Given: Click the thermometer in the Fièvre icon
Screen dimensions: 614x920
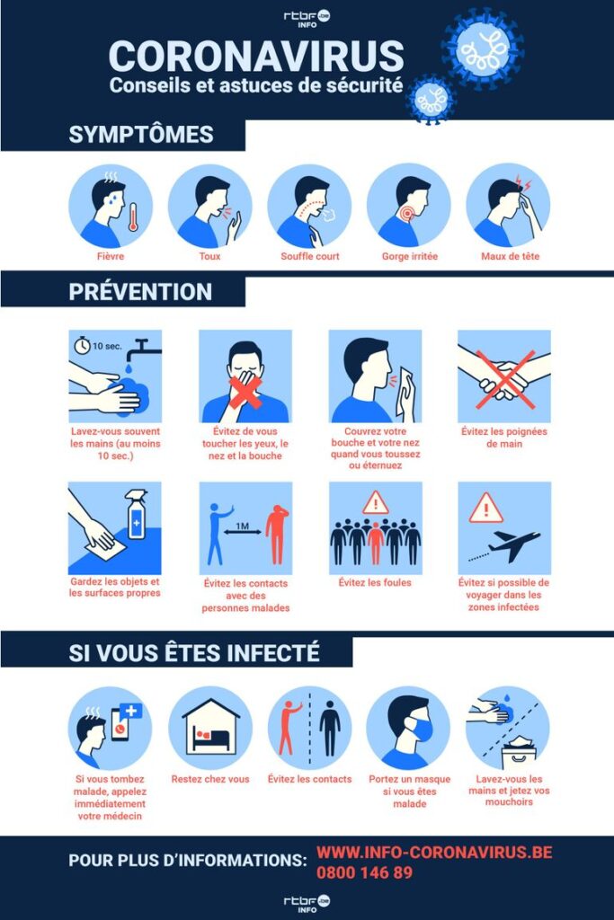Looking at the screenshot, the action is click(x=133, y=217).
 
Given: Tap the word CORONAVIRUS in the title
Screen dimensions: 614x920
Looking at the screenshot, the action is click(x=256, y=57).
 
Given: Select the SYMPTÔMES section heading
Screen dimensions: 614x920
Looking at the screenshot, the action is click(x=141, y=135).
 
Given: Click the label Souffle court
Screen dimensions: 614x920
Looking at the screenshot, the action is click(x=310, y=256).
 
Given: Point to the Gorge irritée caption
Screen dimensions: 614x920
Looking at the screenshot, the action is click(x=410, y=256).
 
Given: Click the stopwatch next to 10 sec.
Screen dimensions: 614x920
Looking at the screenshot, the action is click(x=82, y=346).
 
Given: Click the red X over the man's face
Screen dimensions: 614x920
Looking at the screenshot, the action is click(x=245, y=392).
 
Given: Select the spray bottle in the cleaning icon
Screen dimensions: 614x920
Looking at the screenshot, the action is click(x=136, y=515).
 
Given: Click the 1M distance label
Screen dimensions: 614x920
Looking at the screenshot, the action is click(x=242, y=526).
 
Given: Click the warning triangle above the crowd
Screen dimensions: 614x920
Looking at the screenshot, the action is click(x=376, y=503).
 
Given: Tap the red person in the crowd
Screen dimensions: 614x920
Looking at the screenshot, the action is click(x=375, y=543).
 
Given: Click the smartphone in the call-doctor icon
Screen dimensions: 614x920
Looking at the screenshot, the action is click(x=120, y=725).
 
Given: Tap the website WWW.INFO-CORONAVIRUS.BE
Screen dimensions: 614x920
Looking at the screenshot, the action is click(x=434, y=852).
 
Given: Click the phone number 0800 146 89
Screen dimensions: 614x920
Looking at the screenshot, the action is click(x=364, y=872).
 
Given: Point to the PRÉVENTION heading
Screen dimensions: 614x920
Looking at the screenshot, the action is click(x=140, y=292).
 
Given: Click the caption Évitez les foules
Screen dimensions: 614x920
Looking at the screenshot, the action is click(x=375, y=582).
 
